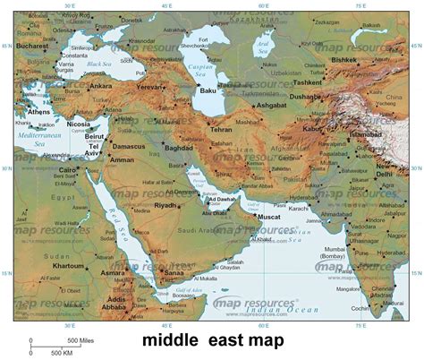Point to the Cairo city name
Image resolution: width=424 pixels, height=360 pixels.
69,168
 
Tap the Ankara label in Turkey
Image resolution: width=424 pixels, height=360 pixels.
99,87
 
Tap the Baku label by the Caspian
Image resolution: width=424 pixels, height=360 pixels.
208,90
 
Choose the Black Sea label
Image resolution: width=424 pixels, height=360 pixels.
98,64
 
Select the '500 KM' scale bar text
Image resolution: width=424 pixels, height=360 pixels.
62,353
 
